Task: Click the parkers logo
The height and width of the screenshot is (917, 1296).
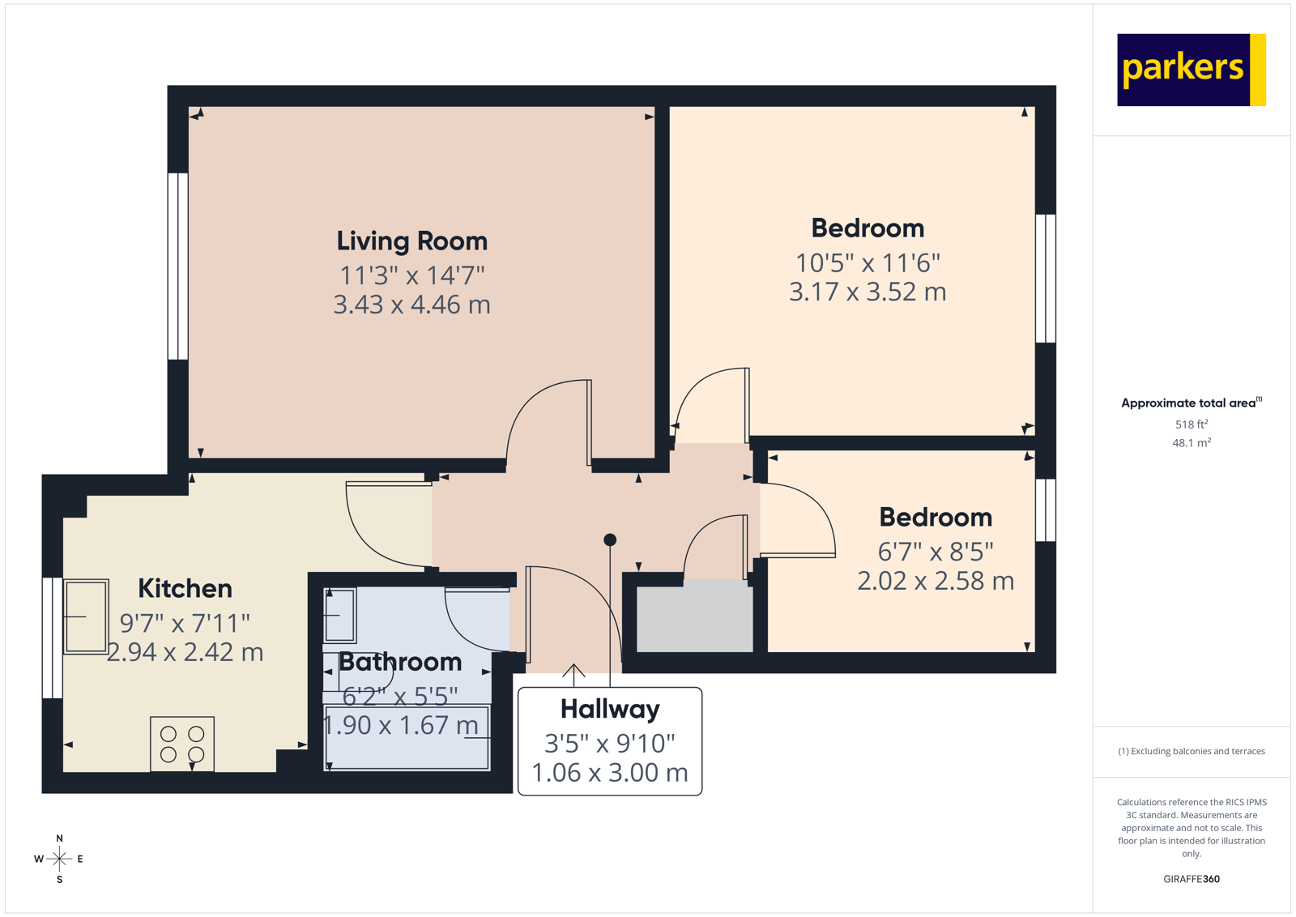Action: pos(1190,70)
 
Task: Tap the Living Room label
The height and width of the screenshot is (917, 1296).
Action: pos(411,241)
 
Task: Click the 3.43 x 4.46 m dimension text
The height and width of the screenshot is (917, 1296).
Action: pos(411,305)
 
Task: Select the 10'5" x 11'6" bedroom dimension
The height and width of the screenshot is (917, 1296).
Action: pos(867,263)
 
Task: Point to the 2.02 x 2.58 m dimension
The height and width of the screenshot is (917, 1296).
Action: pos(935,582)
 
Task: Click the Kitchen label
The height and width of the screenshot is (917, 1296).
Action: pos(185,589)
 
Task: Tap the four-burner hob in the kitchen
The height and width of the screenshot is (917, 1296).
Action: pos(182,744)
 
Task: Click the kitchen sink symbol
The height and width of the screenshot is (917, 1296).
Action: pos(86,616)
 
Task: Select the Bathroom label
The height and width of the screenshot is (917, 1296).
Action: pos(400,662)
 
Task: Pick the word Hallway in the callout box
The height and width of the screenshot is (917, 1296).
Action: pos(609,710)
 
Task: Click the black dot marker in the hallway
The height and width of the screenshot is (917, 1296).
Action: pos(610,540)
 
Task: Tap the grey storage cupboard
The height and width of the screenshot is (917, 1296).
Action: pos(694,619)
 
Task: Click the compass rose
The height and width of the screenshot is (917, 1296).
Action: pos(59,859)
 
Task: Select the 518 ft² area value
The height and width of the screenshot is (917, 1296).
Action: pos(1191,424)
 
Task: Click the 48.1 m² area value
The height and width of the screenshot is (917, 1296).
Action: pos(1191,443)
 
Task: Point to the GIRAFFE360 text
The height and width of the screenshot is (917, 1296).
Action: pos(1191,879)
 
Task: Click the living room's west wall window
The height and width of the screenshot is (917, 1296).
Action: pos(177,266)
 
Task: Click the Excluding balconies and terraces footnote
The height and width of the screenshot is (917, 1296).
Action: pos(1191,752)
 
